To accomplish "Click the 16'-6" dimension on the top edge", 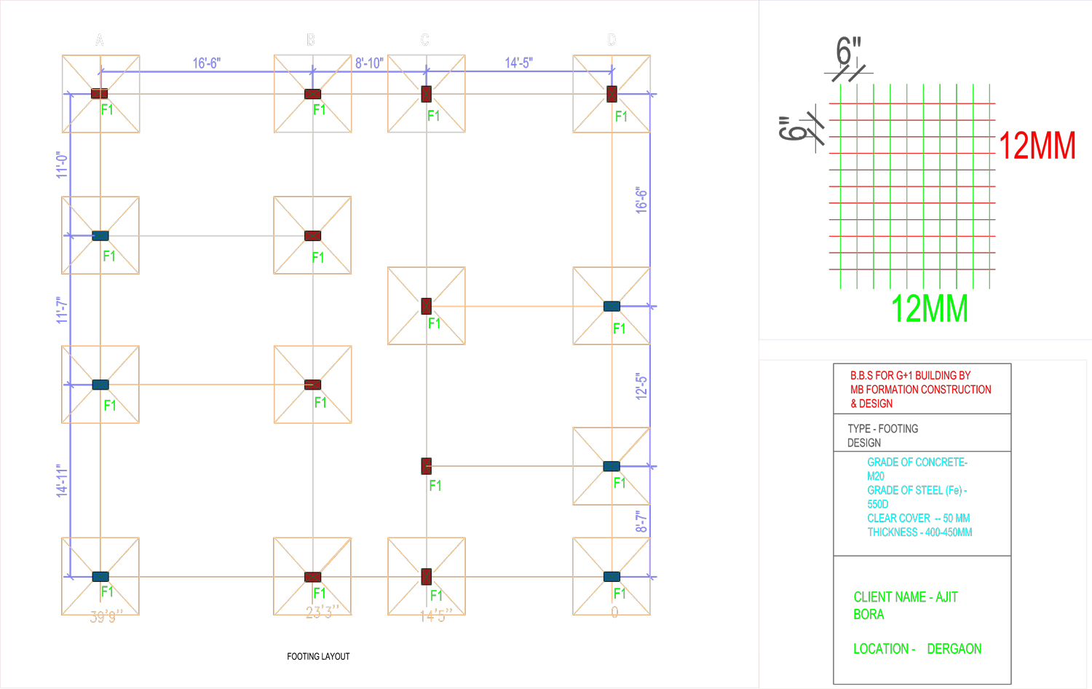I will (x=206, y=63).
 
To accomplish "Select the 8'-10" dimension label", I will (x=369, y=63).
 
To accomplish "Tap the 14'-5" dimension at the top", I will (x=518, y=63).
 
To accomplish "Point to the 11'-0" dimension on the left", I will (x=62, y=165).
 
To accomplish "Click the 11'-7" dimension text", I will (x=62, y=310).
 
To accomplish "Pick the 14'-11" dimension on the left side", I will (x=62, y=481).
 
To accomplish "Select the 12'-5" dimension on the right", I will (x=641, y=387).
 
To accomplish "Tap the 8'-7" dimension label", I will (x=641, y=521).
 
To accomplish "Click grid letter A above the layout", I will (x=100, y=40).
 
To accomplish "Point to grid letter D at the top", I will (x=612, y=40).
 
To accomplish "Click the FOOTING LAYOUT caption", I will (x=318, y=656).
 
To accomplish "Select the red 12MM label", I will (x=1037, y=146).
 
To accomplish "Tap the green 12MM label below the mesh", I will (x=930, y=309).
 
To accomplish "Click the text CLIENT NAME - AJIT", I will (x=906, y=597).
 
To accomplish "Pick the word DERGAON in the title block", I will (x=954, y=649).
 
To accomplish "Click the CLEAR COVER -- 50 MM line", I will (x=918, y=519).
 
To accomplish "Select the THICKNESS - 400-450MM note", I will (x=919, y=532).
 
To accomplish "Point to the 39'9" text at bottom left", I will (x=106, y=617).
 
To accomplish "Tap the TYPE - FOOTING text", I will (x=882, y=429).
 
